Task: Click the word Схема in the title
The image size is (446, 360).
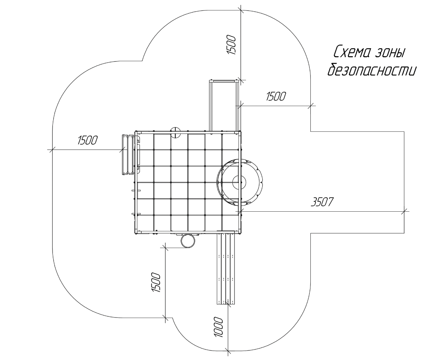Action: pyautogui.click(x=352, y=51)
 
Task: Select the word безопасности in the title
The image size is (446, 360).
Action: pyautogui.click(x=372, y=69)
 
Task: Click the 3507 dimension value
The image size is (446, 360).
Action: pyautogui.click(x=322, y=202)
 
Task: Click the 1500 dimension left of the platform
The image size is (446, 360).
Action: pyautogui.click(x=87, y=140)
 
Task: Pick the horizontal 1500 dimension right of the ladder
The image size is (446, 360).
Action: pyautogui.click(x=276, y=96)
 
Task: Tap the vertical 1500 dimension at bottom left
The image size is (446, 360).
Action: pyautogui.click(x=156, y=283)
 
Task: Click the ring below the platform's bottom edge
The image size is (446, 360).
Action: pyautogui.click(x=188, y=241)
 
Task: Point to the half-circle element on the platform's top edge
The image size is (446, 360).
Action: pyautogui.click(x=175, y=132)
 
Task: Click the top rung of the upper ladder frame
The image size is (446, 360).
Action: pyautogui.click(x=223, y=81)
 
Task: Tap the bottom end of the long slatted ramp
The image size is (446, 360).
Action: pyautogui.click(x=226, y=304)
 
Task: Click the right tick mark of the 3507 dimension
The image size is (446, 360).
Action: pyautogui.click(x=404, y=212)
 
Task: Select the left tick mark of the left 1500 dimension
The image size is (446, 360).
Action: pyautogui.click(x=52, y=149)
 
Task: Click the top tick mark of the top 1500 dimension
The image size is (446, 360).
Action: pyautogui.click(x=241, y=10)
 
